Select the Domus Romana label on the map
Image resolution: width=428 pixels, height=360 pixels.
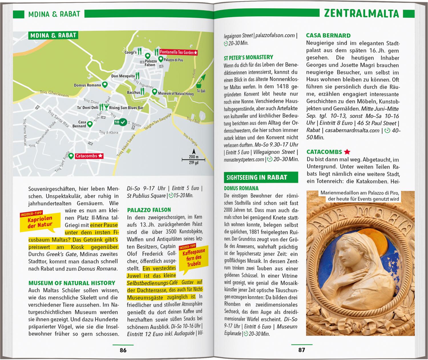(87, 85)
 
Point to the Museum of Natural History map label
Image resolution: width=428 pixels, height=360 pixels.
(176, 94)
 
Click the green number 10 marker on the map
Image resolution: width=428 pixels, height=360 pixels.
(120, 122)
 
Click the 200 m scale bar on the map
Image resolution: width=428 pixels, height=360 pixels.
(193, 159)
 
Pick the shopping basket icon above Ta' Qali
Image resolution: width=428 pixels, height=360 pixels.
(199, 85)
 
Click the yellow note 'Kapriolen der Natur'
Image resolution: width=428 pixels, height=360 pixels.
(40, 222)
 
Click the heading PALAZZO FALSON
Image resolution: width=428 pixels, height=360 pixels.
(149, 210)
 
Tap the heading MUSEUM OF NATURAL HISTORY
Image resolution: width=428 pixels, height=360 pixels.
(72, 283)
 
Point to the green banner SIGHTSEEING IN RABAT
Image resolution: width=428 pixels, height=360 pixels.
(261, 177)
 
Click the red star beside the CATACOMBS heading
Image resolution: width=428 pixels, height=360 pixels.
(347, 152)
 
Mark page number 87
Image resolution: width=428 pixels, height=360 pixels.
(302, 350)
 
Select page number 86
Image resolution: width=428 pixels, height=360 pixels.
(123, 350)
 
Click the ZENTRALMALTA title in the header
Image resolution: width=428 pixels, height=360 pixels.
(361, 13)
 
